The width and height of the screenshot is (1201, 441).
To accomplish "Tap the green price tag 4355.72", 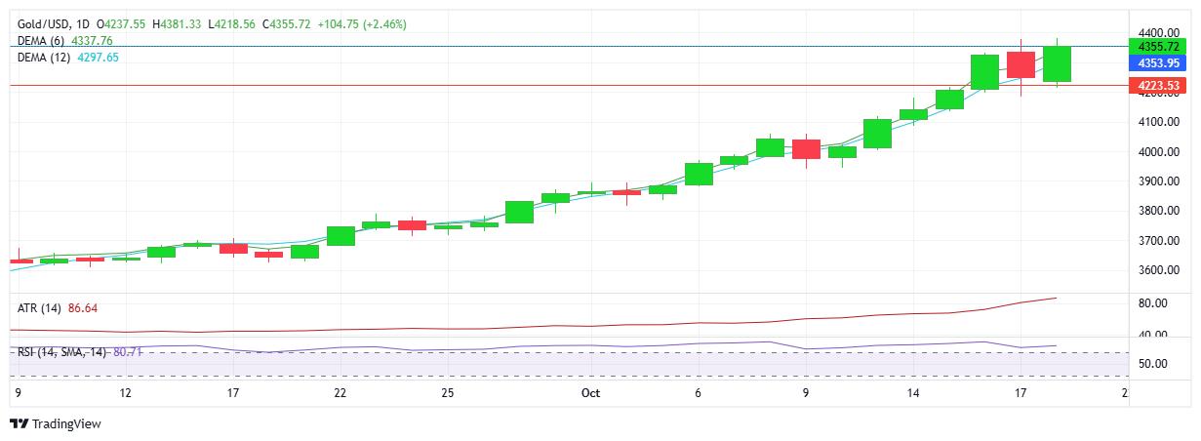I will point(1158,46).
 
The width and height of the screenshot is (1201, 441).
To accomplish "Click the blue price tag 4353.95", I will point(1158,62).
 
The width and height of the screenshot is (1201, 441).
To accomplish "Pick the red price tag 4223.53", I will point(1158,86).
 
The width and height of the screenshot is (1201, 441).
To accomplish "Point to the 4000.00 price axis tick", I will point(1158,152).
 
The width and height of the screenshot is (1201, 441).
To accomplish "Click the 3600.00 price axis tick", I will point(1158,270).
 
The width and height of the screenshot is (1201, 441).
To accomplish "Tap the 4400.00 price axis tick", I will point(1158,33).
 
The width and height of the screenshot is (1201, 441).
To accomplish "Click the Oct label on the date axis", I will point(590,393).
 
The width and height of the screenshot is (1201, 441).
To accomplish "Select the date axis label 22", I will point(340,393).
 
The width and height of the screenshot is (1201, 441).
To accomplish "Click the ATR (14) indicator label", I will point(39,308).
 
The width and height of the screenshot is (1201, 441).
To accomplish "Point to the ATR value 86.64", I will point(83,308).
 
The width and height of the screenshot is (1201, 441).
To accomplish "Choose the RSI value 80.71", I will point(128,351).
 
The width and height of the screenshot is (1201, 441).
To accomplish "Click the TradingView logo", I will point(56,424).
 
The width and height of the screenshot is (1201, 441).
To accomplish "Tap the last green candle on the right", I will point(1057,63).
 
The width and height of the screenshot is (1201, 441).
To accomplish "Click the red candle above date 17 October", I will point(1021,64).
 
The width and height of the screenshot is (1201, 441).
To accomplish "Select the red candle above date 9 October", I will point(806,148).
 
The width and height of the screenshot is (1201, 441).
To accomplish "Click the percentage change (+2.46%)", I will point(384,23).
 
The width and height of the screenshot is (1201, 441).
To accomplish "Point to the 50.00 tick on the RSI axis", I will point(1158,364).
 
